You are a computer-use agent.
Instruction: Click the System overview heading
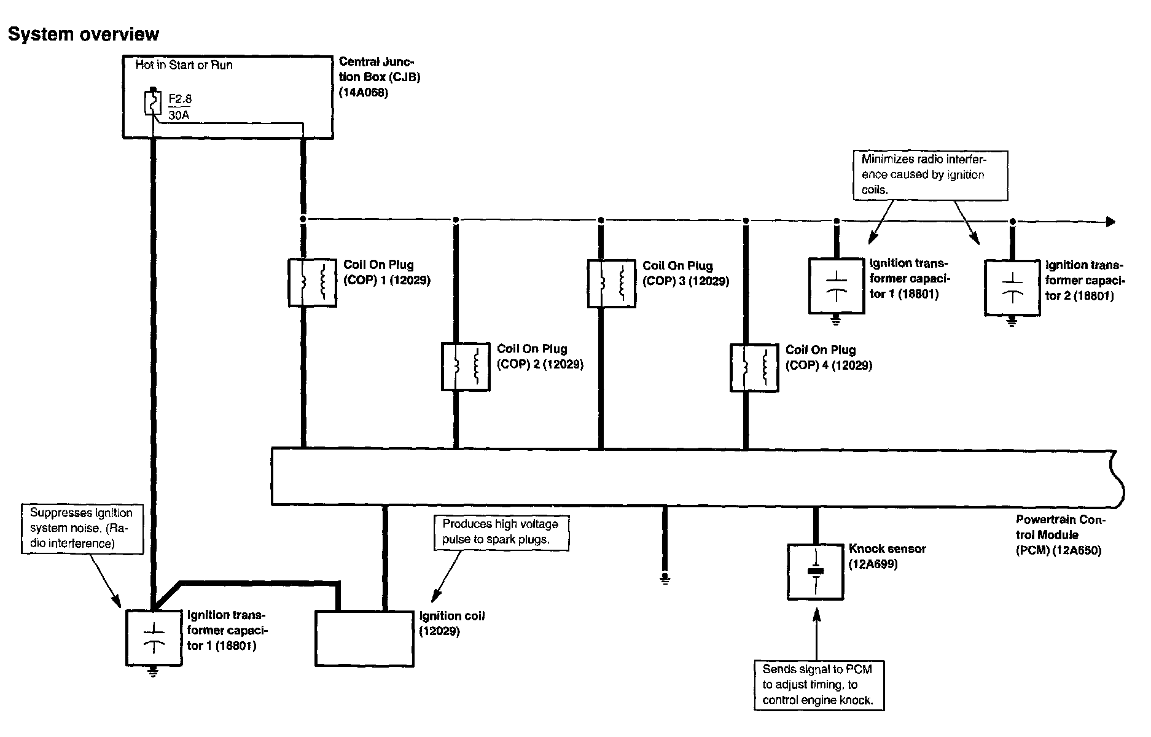tap(84, 34)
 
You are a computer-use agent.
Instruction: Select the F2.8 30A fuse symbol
tap(152, 103)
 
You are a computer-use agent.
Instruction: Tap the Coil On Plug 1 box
tap(312, 283)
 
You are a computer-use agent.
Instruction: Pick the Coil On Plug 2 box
tap(466, 367)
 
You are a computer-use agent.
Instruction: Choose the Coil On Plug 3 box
tap(612, 284)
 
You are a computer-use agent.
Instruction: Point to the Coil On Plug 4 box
tap(754, 368)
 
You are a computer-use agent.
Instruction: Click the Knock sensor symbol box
tap(816, 572)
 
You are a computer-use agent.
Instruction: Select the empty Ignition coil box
tap(365, 639)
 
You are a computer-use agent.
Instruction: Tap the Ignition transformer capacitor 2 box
tap(1012, 288)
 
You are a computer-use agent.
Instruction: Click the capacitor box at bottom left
tap(154, 638)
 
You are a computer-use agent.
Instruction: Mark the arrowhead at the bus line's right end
tap(1110, 222)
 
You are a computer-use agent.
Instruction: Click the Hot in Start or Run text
tap(184, 65)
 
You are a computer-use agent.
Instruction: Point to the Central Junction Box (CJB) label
tap(379, 77)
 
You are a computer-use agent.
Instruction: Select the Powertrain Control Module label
tap(1060, 535)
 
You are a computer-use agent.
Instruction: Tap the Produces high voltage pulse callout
tap(501, 532)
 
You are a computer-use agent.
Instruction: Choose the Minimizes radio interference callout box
tap(931, 175)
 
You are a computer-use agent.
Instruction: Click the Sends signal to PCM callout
tap(819, 685)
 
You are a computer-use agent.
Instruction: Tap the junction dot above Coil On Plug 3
tap(601, 220)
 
